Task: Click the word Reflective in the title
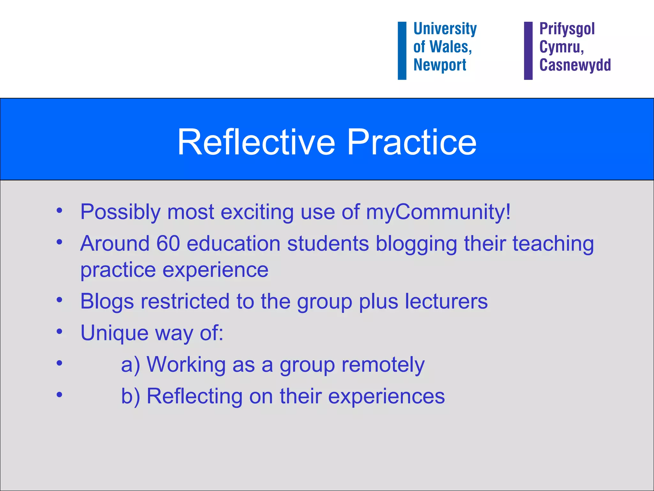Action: (256, 142)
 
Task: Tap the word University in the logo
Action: (445, 29)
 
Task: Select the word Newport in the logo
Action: (440, 65)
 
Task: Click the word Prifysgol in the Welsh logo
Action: (567, 29)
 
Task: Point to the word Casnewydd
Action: (575, 65)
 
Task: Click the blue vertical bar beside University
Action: (402, 51)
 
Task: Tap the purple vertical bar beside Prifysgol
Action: (528, 51)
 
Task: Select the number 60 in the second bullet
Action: (168, 244)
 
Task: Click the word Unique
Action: (114, 333)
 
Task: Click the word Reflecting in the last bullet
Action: (194, 397)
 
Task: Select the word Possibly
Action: (120, 212)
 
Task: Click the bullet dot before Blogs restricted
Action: (59, 300)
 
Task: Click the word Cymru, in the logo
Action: (561, 47)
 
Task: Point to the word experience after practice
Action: (216, 270)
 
